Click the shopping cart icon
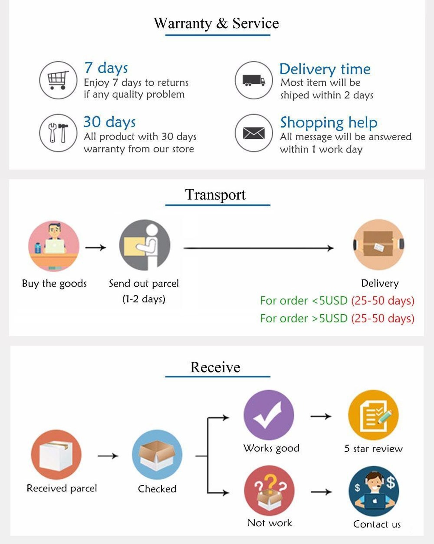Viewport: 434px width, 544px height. [58, 80]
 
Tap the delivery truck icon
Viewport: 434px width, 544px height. [254, 80]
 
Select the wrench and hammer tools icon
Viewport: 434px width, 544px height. [58, 133]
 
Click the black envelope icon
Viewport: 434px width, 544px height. [254, 133]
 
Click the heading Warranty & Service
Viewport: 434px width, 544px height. [216, 23]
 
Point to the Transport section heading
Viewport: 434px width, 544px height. [215, 195]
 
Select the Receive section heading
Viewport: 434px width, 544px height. [215, 367]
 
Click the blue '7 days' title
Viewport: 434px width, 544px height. [106, 68]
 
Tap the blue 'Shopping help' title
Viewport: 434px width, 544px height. [329, 122]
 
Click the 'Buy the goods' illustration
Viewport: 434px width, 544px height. [54, 246]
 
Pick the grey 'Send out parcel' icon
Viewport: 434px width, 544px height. [145, 245]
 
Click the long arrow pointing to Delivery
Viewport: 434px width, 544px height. [258, 248]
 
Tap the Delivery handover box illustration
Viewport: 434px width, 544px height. [378, 244]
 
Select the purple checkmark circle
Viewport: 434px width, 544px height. [269, 415]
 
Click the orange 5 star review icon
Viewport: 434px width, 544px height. [373, 415]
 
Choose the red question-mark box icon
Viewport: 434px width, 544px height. [269, 490]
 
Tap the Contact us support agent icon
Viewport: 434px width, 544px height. [374, 491]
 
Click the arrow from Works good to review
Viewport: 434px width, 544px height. [321, 416]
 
